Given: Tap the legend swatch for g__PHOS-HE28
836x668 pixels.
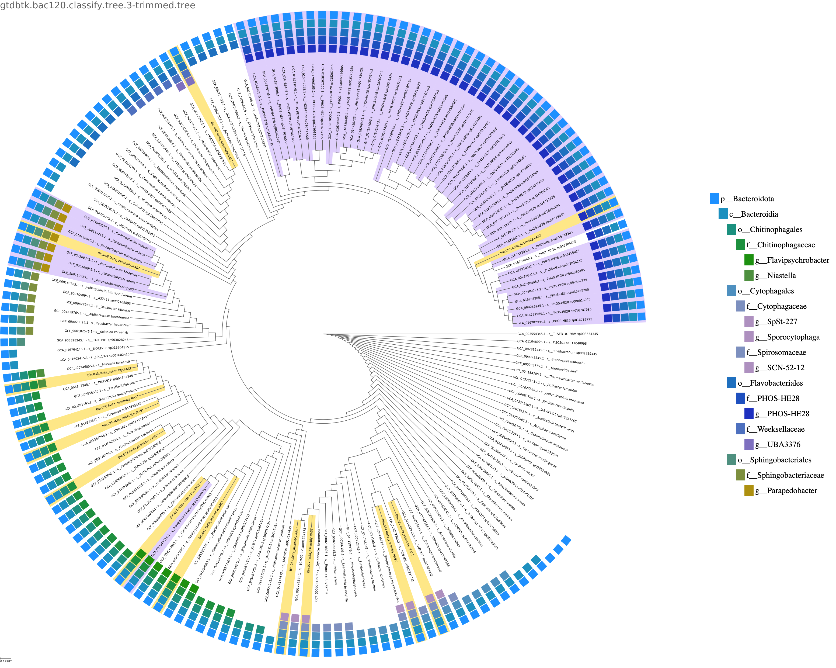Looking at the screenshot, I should point(749,414).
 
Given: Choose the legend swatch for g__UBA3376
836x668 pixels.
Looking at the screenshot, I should point(749,444).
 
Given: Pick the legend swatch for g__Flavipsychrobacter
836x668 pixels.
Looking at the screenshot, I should point(749,260).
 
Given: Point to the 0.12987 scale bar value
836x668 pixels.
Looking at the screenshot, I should point(6,661).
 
